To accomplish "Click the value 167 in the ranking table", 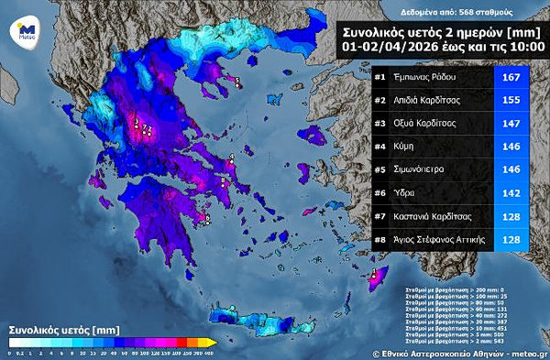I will point(511,77).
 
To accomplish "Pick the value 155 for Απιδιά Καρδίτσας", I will point(511,100).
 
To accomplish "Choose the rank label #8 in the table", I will point(379,240).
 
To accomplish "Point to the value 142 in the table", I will point(511,193).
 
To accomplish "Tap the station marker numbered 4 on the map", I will point(233,158).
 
